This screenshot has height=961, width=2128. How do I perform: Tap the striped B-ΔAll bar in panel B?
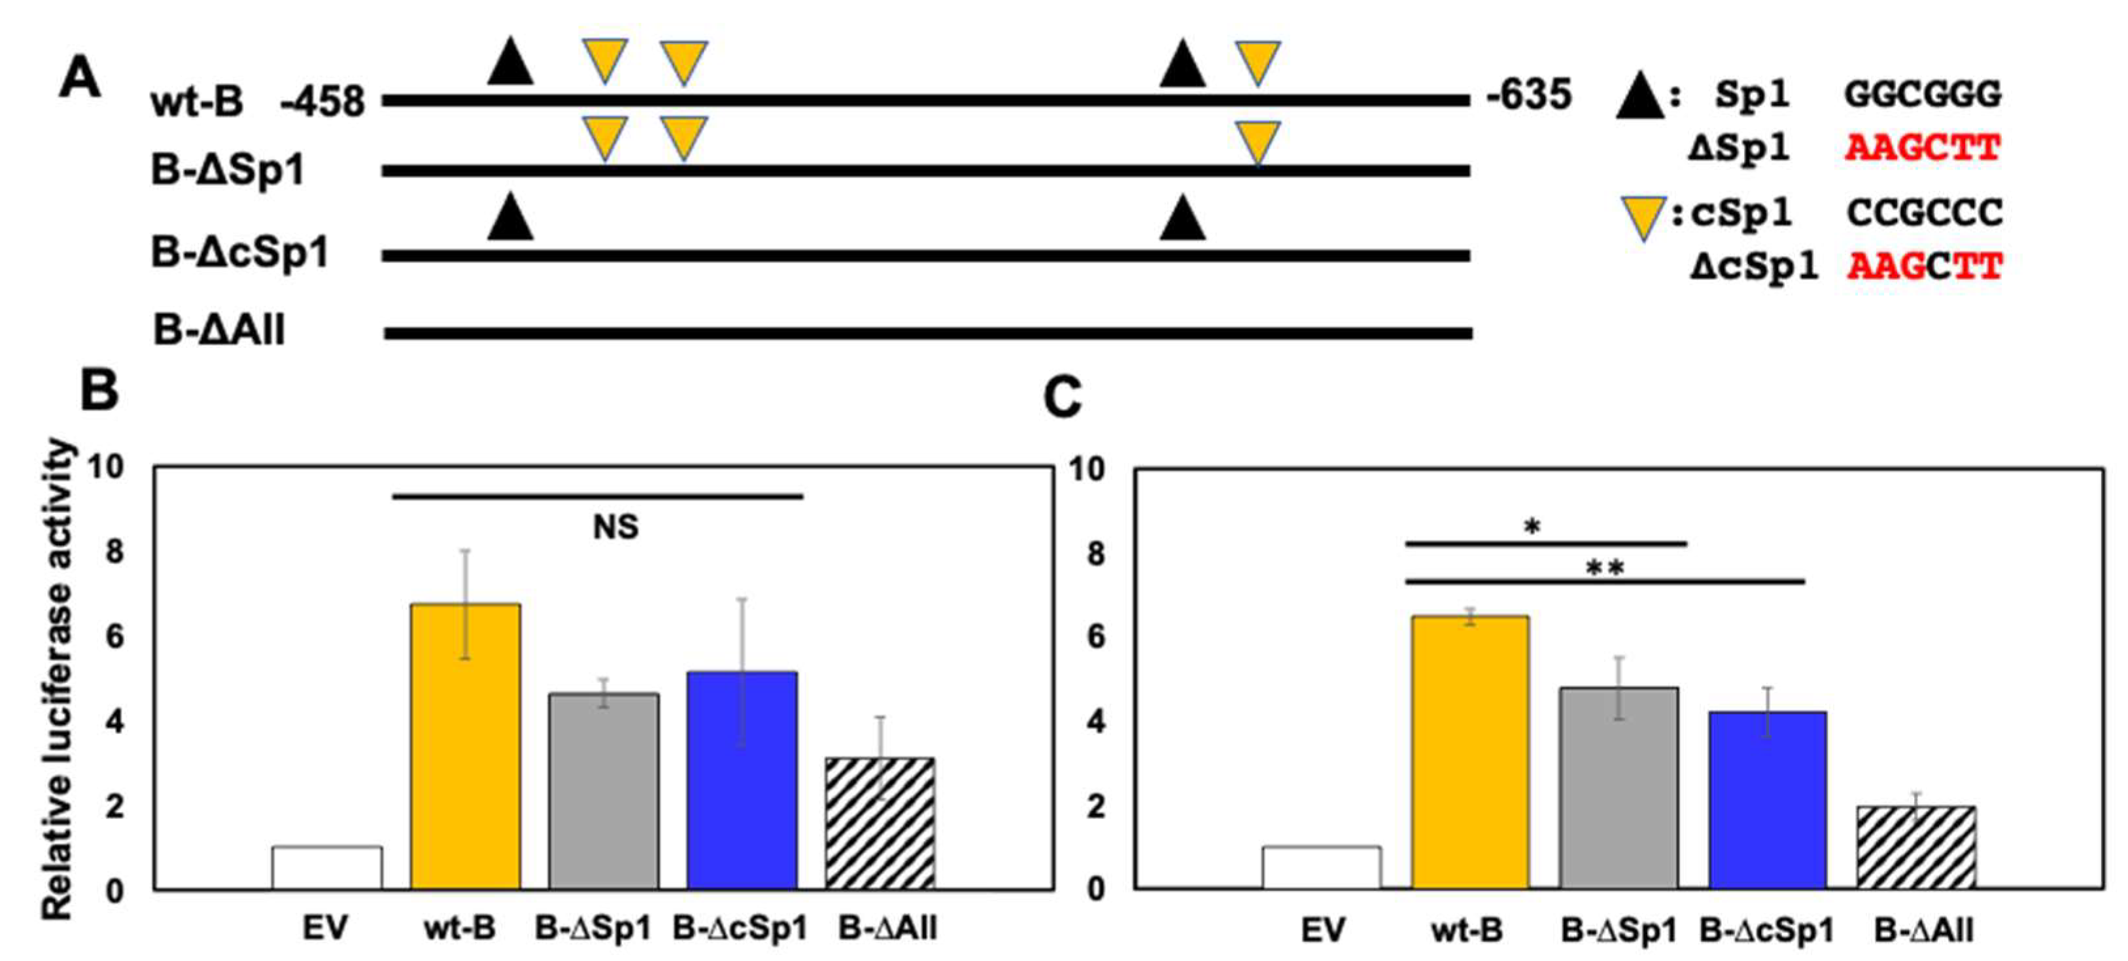click(x=880, y=823)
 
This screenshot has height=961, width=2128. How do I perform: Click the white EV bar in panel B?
click(x=327, y=867)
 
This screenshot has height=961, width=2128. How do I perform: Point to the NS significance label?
click(x=615, y=527)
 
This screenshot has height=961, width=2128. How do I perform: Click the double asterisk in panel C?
click(x=1605, y=568)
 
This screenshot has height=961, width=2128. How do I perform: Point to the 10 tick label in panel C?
click(x=1086, y=469)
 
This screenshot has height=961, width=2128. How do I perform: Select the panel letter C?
click(x=1062, y=398)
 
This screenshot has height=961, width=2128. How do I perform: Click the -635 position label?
click(x=1528, y=95)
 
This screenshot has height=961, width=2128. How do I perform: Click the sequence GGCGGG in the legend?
click(x=1922, y=95)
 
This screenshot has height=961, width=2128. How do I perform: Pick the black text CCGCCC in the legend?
click(x=1924, y=213)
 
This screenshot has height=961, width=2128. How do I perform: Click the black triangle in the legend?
click(x=1639, y=97)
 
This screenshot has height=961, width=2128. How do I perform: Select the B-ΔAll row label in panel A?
click(x=219, y=330)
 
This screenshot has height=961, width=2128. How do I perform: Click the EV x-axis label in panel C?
click(x=1322, y=930)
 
